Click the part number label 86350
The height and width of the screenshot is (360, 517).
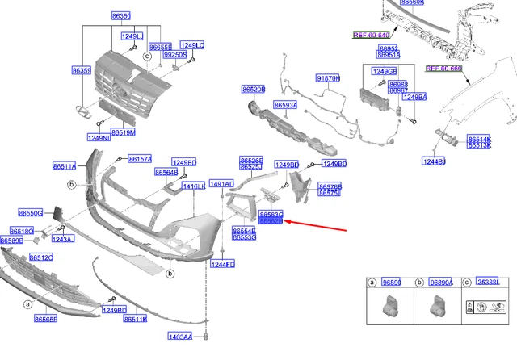[x=121, y=16]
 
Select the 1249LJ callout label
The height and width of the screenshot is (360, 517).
[x=131, y=36]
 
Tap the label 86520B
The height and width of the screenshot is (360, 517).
[x=253, y=89]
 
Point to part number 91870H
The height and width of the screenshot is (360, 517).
[x=328, y=78]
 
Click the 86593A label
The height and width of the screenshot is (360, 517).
[x=285, y=105]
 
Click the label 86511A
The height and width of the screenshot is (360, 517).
[x=64, y=166]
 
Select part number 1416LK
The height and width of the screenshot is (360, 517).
[x=194, y=186]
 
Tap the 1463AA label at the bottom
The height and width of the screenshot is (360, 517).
[x=180, y=336]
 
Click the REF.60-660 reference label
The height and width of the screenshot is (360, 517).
[x=443, y=69]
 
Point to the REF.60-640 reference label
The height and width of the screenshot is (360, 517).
[x=371, y=35]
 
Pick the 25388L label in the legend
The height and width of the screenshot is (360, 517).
[x=487, y=282]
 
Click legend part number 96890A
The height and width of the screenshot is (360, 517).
[x=441, y=282]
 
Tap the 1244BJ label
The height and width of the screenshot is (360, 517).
[x=434, y=161]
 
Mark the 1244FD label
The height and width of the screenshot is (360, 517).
[x=223, y=264]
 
